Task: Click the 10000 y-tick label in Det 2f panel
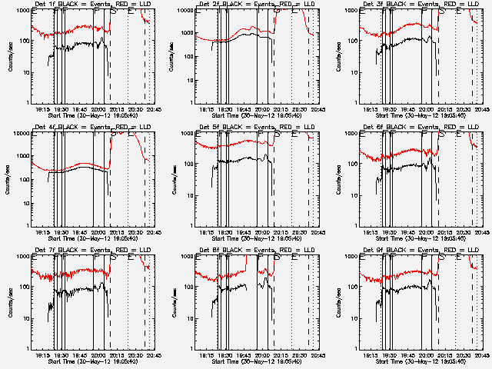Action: [x=185, y=11]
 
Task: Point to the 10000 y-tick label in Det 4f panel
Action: [x=21, y=134]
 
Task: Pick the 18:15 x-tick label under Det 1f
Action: [x=43, y=109]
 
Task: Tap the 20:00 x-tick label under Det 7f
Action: [x=98, y=355]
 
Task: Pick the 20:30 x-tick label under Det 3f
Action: [x=460, y=109]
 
